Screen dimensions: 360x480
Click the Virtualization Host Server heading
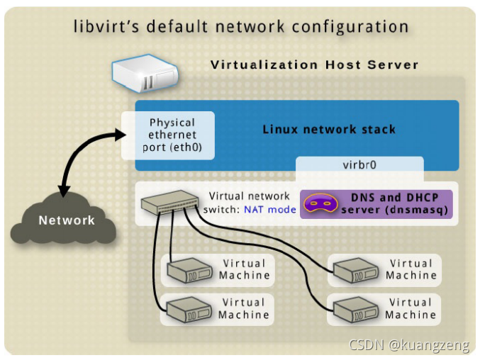[x=314, y=65]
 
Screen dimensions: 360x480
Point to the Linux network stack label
[x=329, y=130]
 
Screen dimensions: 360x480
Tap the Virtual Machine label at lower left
[x=244, y=309]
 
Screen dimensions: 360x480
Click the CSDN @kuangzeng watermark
[x=410, y=345]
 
